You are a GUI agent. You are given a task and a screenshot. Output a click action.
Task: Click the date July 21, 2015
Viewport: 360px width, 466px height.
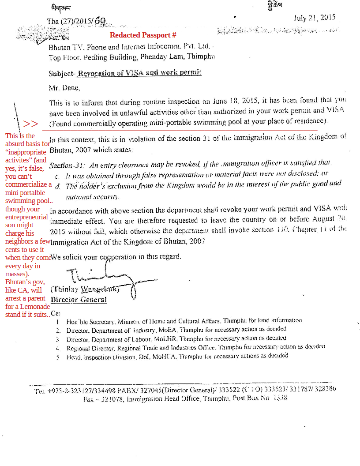314,18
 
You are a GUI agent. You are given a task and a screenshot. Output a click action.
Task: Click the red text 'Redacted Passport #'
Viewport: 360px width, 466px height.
143,35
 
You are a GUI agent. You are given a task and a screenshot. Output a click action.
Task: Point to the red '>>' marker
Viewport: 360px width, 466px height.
30,124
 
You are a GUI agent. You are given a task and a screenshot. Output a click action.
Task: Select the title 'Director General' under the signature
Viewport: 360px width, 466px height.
79,300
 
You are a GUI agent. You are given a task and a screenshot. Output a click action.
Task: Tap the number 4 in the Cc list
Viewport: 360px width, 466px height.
57,348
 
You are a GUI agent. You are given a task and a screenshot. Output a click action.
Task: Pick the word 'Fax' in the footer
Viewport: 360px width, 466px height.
89,399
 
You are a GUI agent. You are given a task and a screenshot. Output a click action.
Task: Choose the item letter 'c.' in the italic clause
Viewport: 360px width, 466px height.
57,176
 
